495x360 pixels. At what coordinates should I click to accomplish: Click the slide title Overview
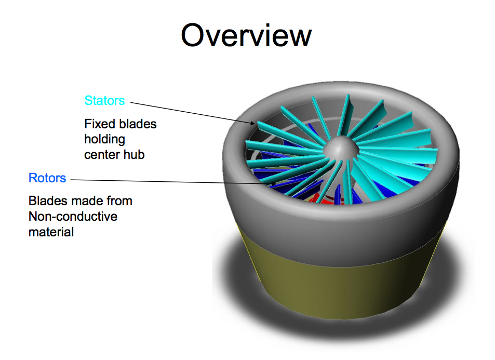[x=246, y=36]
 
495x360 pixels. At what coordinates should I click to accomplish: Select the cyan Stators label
[x=104, y=100]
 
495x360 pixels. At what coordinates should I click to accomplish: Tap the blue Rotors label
[x=47, y=178]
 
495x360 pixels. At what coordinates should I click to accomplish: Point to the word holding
[x=105, y=139]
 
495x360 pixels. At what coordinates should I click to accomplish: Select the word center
[x=99, y=154]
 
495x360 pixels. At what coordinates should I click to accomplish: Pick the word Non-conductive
[x=73, y=216]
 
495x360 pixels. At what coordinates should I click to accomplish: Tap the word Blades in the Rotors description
[x=46, y=201]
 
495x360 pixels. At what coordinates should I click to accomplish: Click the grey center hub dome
[x=340, y=148]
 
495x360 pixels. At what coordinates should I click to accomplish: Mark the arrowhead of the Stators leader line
[x=254, y=124]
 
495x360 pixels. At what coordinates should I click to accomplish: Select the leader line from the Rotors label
[x=156, y=181]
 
